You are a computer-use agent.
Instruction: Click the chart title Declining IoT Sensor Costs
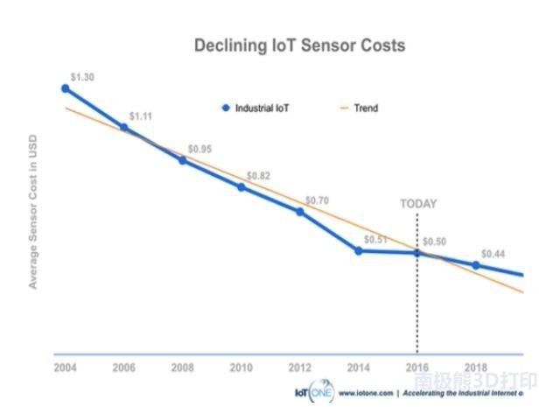(299, 46)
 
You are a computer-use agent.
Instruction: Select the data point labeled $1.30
(65, 88)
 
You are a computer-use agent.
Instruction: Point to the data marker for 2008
(182, 160)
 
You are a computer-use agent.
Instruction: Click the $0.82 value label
(258, 176)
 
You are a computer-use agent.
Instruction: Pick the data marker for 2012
(300, 212)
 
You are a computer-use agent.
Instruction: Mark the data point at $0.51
(359, 250)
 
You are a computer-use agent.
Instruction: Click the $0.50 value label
(434, 242)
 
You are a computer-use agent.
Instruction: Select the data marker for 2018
(476, 265)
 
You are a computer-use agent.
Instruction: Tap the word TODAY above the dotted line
(417, 204)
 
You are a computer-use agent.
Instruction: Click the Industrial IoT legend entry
(255, 109)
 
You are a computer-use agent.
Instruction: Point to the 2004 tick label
(65, 368)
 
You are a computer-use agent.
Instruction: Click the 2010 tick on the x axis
(241, 368)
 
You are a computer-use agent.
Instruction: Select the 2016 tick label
(417, 368)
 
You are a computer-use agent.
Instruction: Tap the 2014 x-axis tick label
(359, 368)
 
